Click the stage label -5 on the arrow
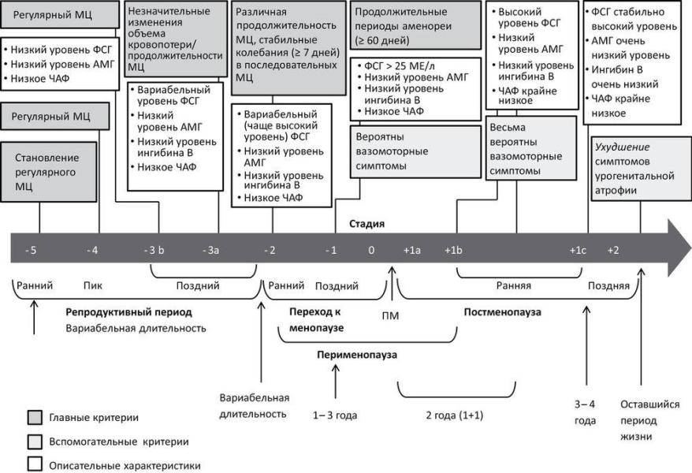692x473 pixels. tap(32, 251)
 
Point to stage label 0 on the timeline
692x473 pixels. tap(370, 251)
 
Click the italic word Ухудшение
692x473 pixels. tap(617, 147)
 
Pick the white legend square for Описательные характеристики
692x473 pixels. tap(35, 465)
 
